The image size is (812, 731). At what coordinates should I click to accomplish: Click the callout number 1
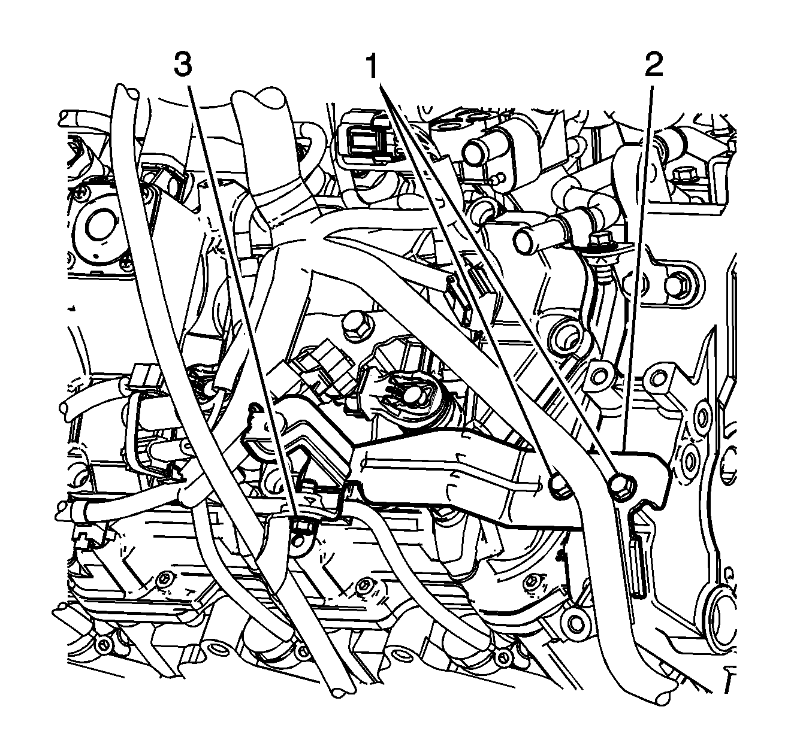point(372,65)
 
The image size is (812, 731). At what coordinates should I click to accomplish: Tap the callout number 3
point(183,65)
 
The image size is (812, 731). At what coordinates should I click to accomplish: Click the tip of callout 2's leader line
point(623,449)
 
